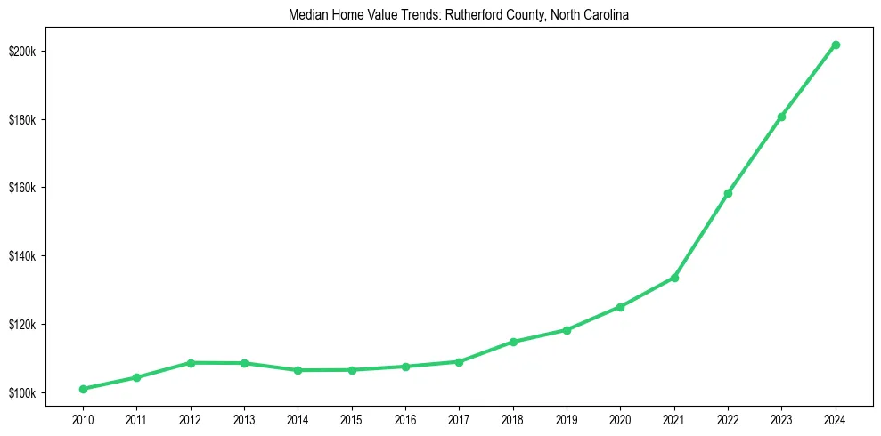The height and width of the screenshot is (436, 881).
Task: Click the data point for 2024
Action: pyautogui.click(x=836, y=44)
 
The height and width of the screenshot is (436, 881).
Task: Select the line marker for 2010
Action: pyautogui.click(x=83, y=389)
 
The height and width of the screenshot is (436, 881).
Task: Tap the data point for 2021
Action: pyautogui.click(x=674, y=278)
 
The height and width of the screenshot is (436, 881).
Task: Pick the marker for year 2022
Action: pyautogui.click(x=728, y=193)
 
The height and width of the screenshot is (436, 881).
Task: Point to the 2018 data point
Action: pyautogui.click(x=513, y=342)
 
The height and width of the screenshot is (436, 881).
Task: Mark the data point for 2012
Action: pyautogui.click(x=191, y=363)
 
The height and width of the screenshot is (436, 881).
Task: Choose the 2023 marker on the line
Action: pyautogui.click(x=781, y=117)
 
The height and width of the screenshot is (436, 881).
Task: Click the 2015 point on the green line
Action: pyautogui.click(x=352, y=370)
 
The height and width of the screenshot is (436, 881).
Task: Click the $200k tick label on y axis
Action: pyautogui.click(x=23, y=52)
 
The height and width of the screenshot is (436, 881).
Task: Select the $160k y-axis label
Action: pyautogui.click(x=23, y=188)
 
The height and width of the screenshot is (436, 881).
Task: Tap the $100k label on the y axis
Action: pyautogui.click(x=23, y=393)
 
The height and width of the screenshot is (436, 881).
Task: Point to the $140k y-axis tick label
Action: pyautogui.click(x=23, y=256)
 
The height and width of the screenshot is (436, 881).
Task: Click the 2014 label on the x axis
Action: pyautogui.click(x=298, y=417)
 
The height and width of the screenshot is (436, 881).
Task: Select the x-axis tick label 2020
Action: pyautogui.click(x=620, y=417)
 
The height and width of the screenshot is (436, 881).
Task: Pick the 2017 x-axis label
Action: pyautogui.click(x=459, y=417)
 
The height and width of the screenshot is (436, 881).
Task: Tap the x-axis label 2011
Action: pyautogui.click(x=136, y=417)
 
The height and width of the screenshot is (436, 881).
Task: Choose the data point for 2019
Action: pyautogui.click(x=567, y=330)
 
